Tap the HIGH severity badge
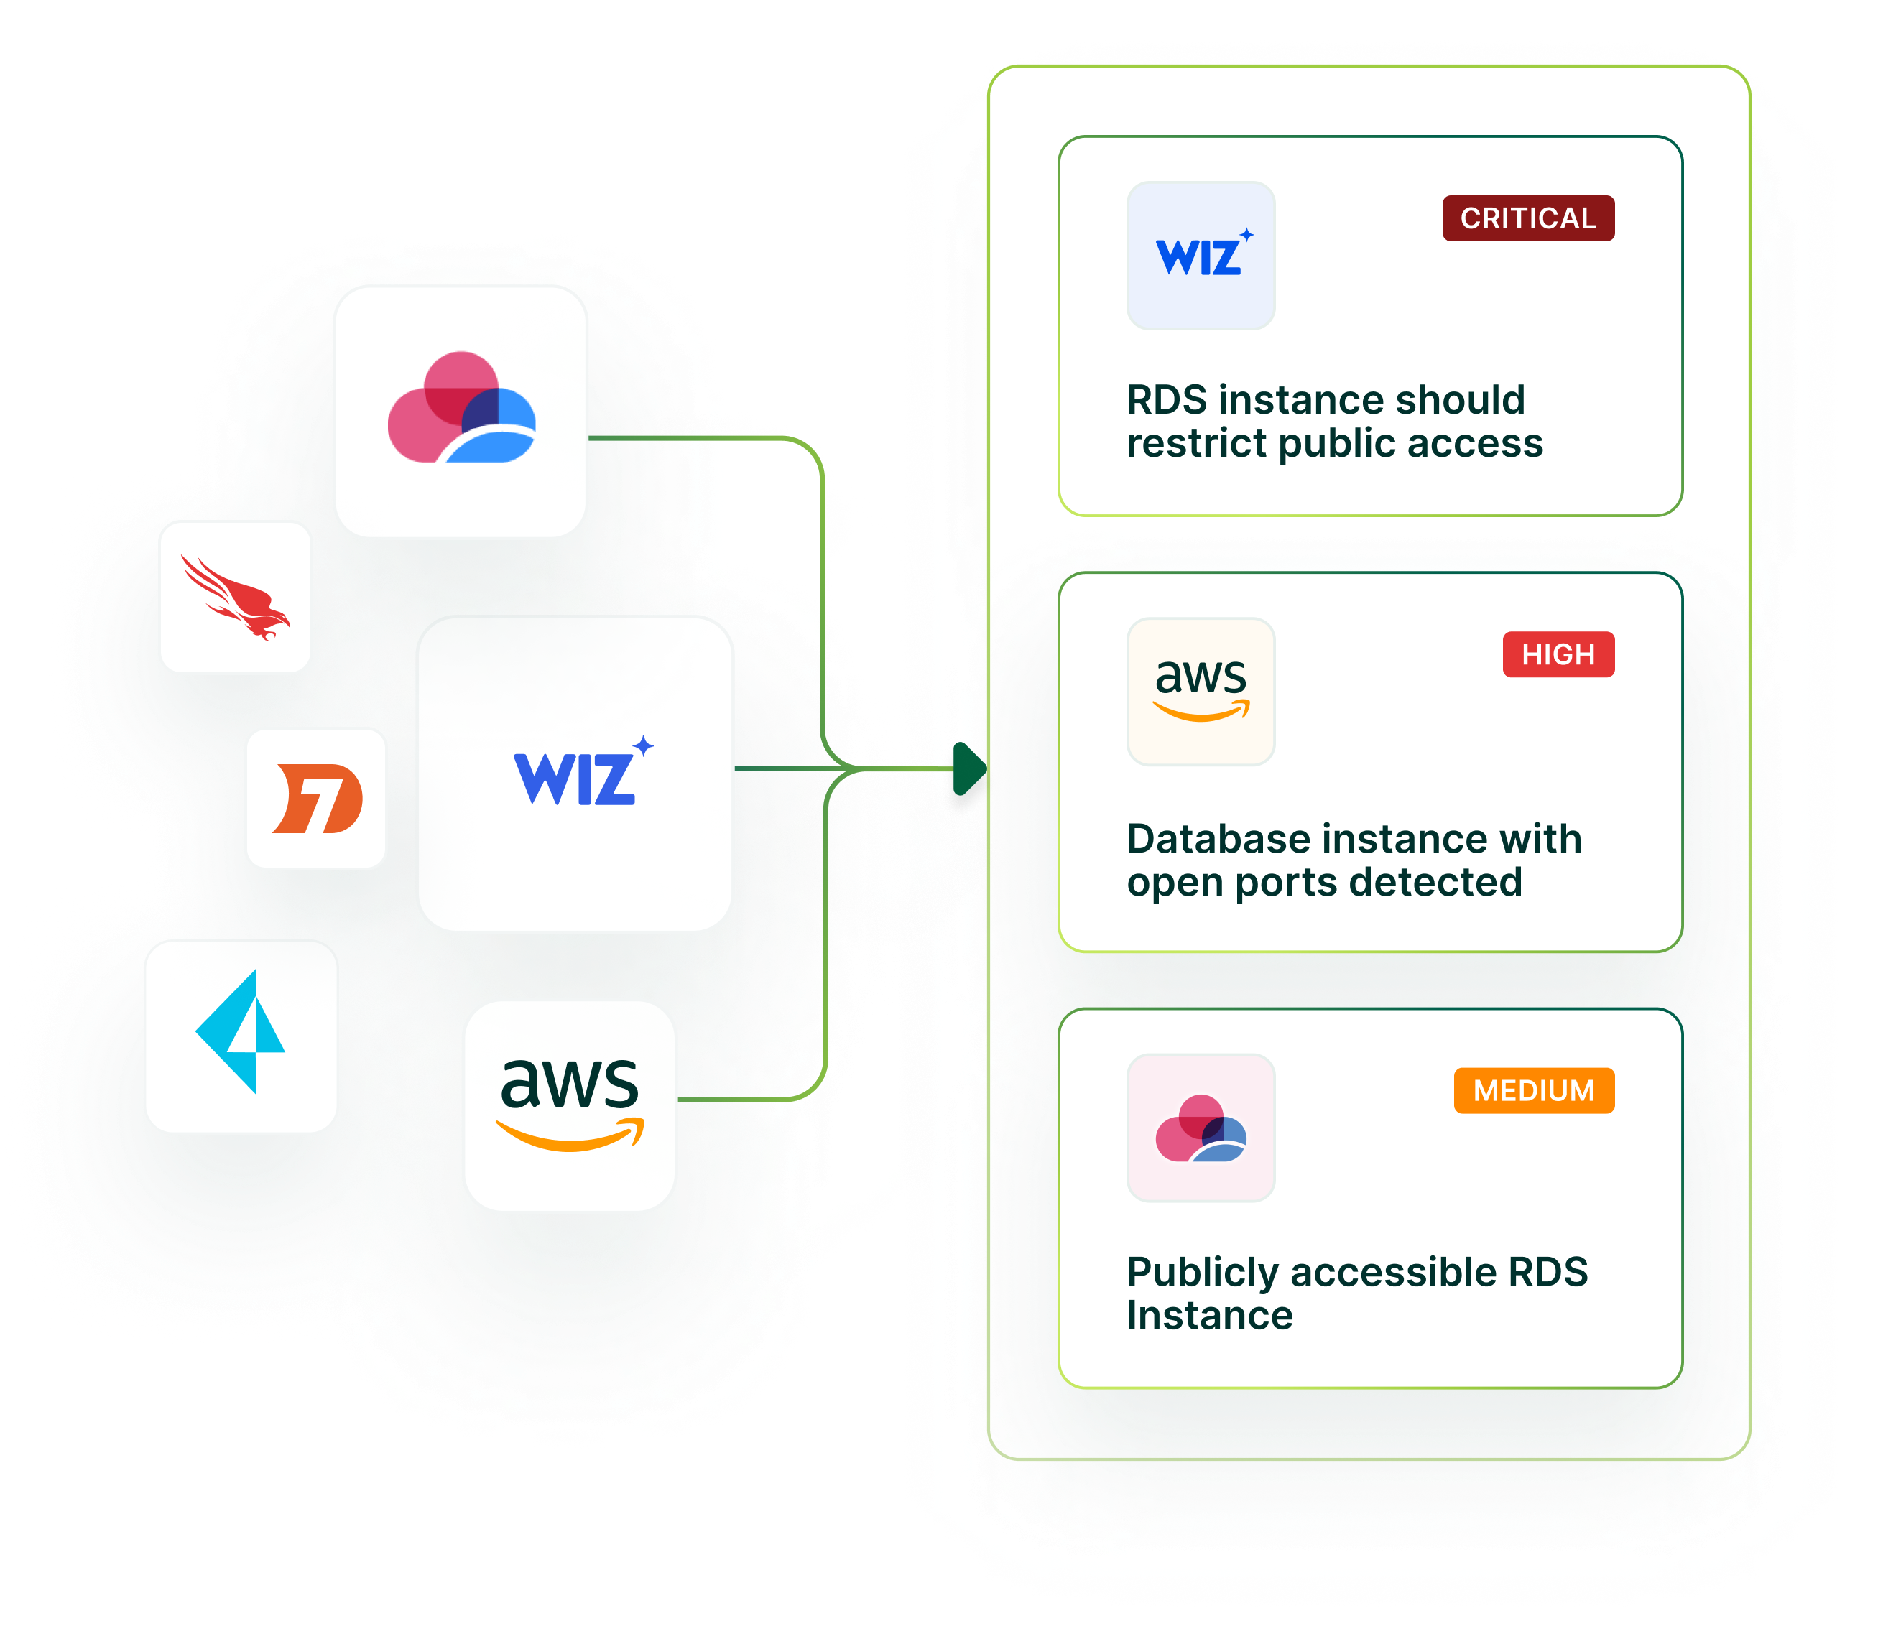click(1558, 654)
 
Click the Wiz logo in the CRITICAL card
click(1201, 256)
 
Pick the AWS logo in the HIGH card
click(1201, 691)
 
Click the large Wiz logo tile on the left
click(575, 774)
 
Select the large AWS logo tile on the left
click(570, 1105)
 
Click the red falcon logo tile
click(235, 597)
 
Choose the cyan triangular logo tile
click(241, 1036)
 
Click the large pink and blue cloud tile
click(461, 411)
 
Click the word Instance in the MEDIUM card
click(1209, 1316)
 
